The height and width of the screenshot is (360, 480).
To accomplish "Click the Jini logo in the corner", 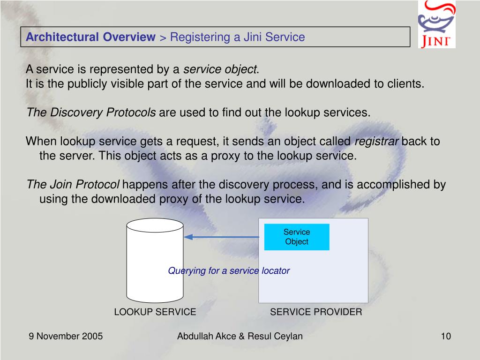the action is pos(436,24).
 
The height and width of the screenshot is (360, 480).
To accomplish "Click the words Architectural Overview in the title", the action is pos(90,37).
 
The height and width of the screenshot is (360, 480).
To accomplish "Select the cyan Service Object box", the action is pos(297,237).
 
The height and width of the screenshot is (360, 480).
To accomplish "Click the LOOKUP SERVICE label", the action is pos(155,312).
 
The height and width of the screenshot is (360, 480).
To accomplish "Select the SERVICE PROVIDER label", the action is pos(316,312).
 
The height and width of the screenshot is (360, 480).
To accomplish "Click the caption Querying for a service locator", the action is pos(229,271).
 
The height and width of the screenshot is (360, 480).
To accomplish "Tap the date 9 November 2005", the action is pos(66,336).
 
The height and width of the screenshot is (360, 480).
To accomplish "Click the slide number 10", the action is pos(445,336).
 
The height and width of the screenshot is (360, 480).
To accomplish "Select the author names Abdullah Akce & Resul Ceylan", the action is pos(240,336).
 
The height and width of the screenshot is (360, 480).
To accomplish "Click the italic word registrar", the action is pos(377,142).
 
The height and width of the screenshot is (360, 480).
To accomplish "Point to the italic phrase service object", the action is pos(220,70).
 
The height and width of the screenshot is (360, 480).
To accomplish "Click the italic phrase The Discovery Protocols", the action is pos(91,112).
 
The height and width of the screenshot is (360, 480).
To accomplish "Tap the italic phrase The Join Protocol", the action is pos(73,185).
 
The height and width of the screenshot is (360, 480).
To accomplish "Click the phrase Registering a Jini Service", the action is pos(237,37).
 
